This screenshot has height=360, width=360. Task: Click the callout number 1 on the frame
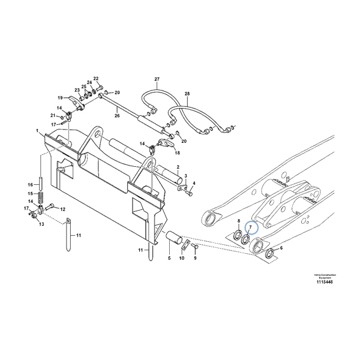[37, 131]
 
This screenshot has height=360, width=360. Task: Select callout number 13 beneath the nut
[41, 224]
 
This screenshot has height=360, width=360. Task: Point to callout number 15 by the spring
[29, 193]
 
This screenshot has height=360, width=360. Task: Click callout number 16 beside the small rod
[29, 184]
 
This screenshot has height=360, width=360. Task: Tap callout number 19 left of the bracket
[59, 97]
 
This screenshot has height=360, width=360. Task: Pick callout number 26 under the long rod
[118, 116]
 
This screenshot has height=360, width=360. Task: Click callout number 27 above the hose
[157, 80]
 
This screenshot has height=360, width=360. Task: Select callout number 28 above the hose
[187, 94]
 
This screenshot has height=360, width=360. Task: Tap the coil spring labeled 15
[40, 196]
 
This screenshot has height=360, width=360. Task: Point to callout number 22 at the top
[95, 79]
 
